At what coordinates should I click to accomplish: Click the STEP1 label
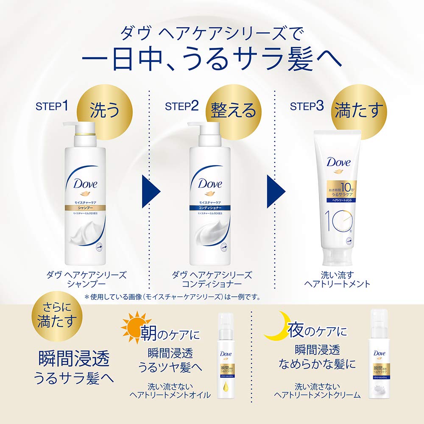[52, 106]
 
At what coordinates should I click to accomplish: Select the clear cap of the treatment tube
[337, 259]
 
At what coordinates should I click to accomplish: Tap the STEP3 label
[307, 106]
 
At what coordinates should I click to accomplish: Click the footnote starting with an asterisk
[172, 297]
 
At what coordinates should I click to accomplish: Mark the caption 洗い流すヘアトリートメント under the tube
[338, 279]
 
